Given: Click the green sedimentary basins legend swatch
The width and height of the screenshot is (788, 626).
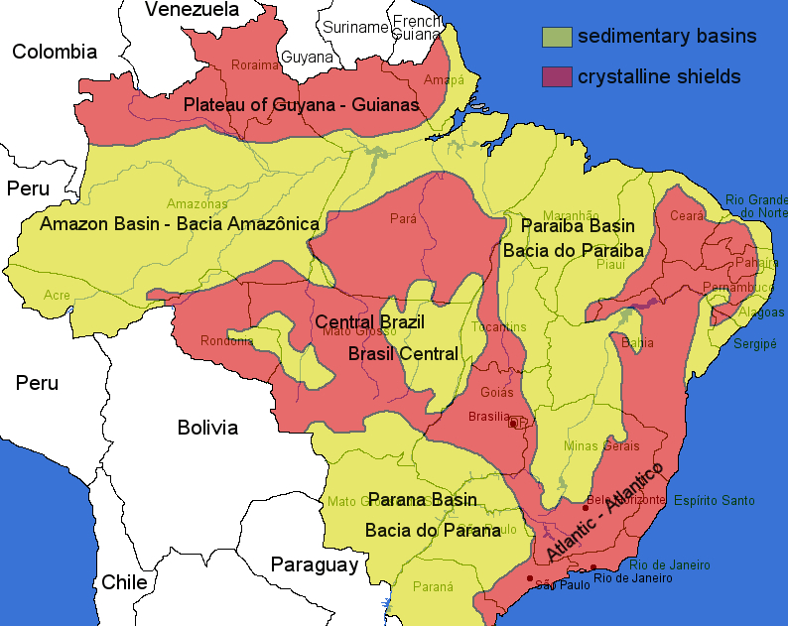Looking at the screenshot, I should point(557,38).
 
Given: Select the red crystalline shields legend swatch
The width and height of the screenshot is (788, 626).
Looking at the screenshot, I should point(557,76).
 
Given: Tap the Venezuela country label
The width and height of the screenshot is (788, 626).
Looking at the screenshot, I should point(193,10).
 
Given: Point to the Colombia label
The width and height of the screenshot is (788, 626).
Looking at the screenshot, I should point(55,52).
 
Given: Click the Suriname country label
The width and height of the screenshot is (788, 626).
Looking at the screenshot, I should point(353,27).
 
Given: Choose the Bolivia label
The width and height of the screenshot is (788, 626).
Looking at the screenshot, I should point(207,428).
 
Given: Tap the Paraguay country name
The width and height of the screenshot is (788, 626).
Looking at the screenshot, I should point(314,565).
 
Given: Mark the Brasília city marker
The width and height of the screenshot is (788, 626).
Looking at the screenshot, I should point(512,424).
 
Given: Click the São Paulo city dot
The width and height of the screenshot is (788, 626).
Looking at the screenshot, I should point(530,578).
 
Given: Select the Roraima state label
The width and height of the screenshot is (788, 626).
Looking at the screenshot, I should point(249,65).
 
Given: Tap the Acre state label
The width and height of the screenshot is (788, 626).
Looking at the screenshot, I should point(57,296).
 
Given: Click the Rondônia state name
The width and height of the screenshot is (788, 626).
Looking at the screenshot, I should point(227,341).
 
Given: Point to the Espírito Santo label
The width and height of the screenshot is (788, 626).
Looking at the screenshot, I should point(715,501).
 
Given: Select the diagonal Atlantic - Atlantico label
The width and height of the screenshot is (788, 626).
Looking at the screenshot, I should point(604,511).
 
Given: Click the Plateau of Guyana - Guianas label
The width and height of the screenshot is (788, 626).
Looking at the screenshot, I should point(301,104).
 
